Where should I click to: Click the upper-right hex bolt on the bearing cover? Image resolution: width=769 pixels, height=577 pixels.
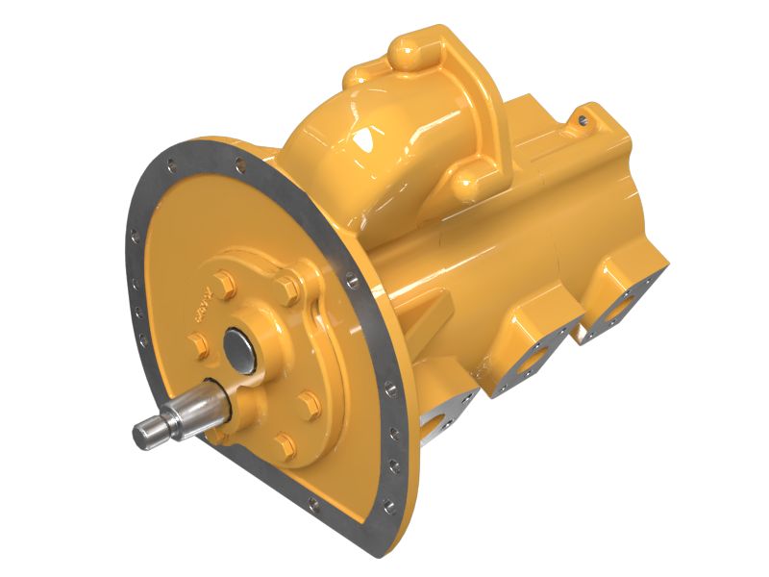tap(285, 288)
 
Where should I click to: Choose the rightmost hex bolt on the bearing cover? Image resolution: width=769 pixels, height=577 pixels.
tap(310, 401)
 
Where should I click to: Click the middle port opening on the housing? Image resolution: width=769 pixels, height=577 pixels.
tap(531, 361)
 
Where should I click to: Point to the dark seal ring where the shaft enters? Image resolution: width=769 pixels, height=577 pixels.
tap(222, 394)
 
